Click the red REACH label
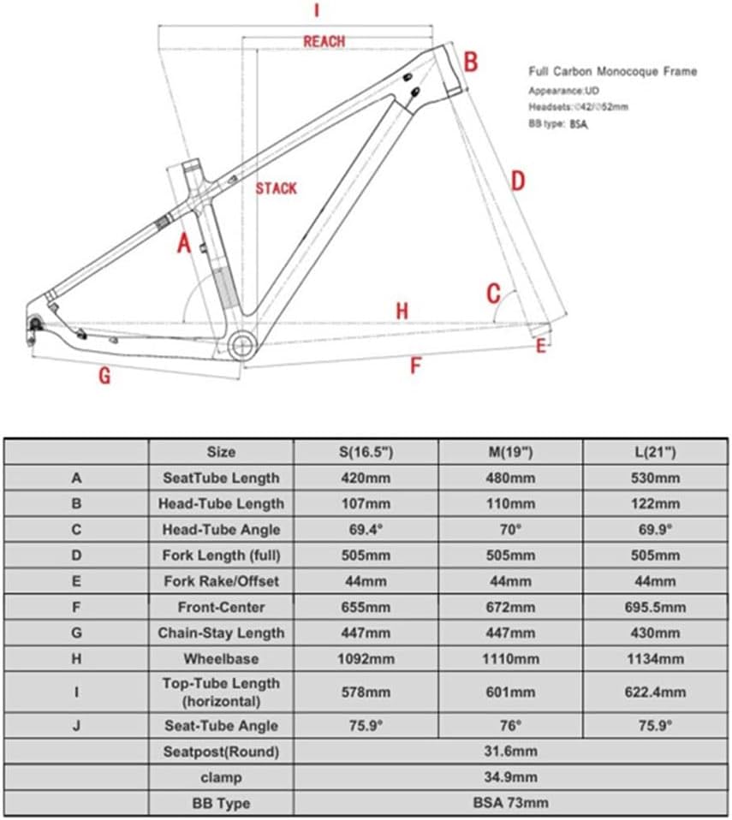pos(324,41)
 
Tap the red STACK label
pos(276,188)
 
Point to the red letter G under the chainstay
pos(104,375)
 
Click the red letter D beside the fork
pos(518,181)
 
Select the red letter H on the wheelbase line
pos(402,312)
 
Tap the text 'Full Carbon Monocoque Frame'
pos(612,71)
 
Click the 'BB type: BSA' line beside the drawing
pos(558,124)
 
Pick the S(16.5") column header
pos(366,452)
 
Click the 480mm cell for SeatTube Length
pos(510,478)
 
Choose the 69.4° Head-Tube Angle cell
pos(366,529)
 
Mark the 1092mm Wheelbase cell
pos(366,658)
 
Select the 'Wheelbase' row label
pos(221,658)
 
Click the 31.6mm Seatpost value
pos(510,752)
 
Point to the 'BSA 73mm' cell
pos(510,803)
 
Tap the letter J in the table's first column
pos(76,725)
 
